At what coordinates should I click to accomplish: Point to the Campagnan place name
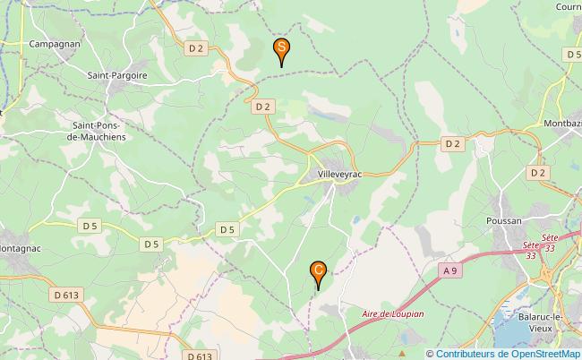[55, 43]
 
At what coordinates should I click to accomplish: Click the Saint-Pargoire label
[118, 76]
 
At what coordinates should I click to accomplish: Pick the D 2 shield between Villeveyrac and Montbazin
[452, 143]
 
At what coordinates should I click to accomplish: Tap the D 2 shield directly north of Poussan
[537, 172]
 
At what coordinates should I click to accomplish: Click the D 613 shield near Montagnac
[66, 293]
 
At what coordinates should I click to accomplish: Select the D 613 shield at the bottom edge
[201, 356]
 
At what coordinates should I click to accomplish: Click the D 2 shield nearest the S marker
[197, 47]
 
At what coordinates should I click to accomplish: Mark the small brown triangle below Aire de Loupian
[402, 339]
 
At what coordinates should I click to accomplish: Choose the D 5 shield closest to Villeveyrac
[227, 229]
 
